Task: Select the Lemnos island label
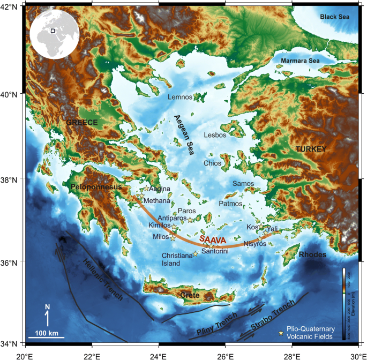click(x=179, y=97)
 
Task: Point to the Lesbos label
click(x=215, y=135)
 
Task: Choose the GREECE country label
click(x=82, y=123)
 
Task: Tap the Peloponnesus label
click(x=95, y=187)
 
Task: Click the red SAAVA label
click(x=213, y=239)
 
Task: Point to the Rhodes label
click(x=312, y=255)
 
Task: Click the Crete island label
click(x=189, y=295)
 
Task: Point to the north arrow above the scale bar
click(x=47, y=316)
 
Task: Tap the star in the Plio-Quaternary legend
click(x=280, y=333)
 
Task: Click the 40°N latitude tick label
click(x=12, y=94)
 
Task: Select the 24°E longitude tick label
click(x=159, y=354)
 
